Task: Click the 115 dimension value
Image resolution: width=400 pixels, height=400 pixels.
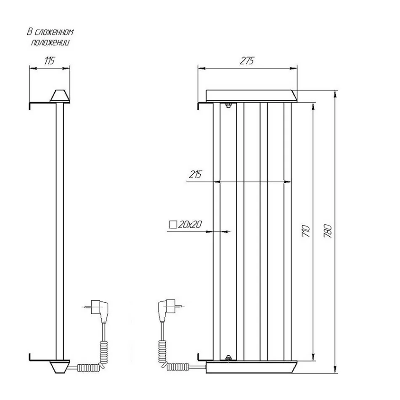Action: [x=50, y=61]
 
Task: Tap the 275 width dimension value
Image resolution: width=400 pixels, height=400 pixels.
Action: [x=247, y=61]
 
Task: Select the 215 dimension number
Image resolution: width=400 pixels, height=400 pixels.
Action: [x=195, y=174]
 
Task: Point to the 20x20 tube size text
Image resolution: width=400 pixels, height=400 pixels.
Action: [x=190, y=224]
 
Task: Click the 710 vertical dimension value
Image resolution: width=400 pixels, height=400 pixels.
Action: [x=306, y=231]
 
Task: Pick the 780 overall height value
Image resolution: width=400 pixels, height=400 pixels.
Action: [x=328, y=231]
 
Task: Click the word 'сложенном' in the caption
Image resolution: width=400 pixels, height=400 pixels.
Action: [x=54, y=32]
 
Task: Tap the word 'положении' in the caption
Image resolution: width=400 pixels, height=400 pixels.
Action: [x=50, y=42]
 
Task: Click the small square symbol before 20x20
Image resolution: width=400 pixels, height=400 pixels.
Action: [x=173, y=224]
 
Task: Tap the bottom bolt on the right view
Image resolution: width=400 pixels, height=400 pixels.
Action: [x=228, y=358]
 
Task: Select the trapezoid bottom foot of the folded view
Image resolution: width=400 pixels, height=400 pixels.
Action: [x=60, y=367]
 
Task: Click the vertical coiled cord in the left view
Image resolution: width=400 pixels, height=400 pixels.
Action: [x=104, y=353]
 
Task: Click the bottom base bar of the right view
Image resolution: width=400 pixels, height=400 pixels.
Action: [x=252, y=367]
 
